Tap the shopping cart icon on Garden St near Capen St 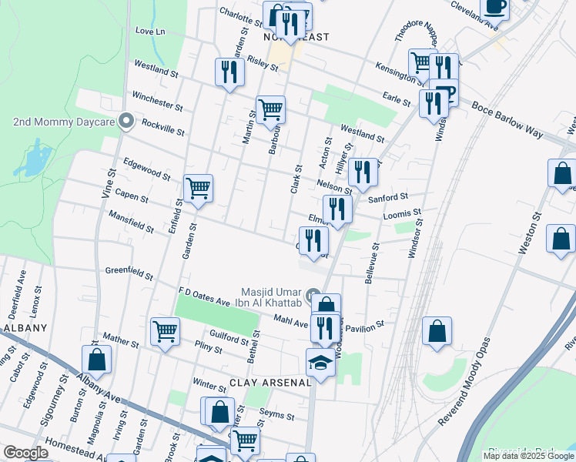199,187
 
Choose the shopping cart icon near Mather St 165,331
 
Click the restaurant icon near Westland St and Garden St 229,72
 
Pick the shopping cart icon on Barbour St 270,110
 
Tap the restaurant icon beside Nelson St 362,172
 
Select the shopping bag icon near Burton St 97,359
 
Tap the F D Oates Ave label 204,296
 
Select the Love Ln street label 150,32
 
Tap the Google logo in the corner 25,453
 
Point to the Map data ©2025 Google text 527,456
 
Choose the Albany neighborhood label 26,327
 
